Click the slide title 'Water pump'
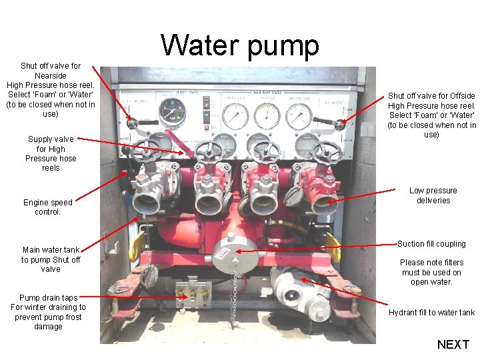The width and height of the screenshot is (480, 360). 240,45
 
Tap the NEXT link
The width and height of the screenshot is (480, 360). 453,344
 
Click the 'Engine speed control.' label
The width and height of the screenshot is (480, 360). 47,207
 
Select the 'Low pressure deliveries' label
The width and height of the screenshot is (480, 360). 433,195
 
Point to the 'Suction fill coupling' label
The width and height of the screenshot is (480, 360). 431,244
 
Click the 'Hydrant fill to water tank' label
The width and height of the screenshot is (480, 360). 431,313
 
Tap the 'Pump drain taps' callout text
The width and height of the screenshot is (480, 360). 48,312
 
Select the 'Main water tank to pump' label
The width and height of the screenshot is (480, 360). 50,260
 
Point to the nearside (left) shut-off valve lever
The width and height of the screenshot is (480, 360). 134,123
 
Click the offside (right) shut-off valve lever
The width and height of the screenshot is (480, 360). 339,124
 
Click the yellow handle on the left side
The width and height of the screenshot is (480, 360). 137,247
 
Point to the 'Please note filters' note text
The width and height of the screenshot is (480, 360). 431,272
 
